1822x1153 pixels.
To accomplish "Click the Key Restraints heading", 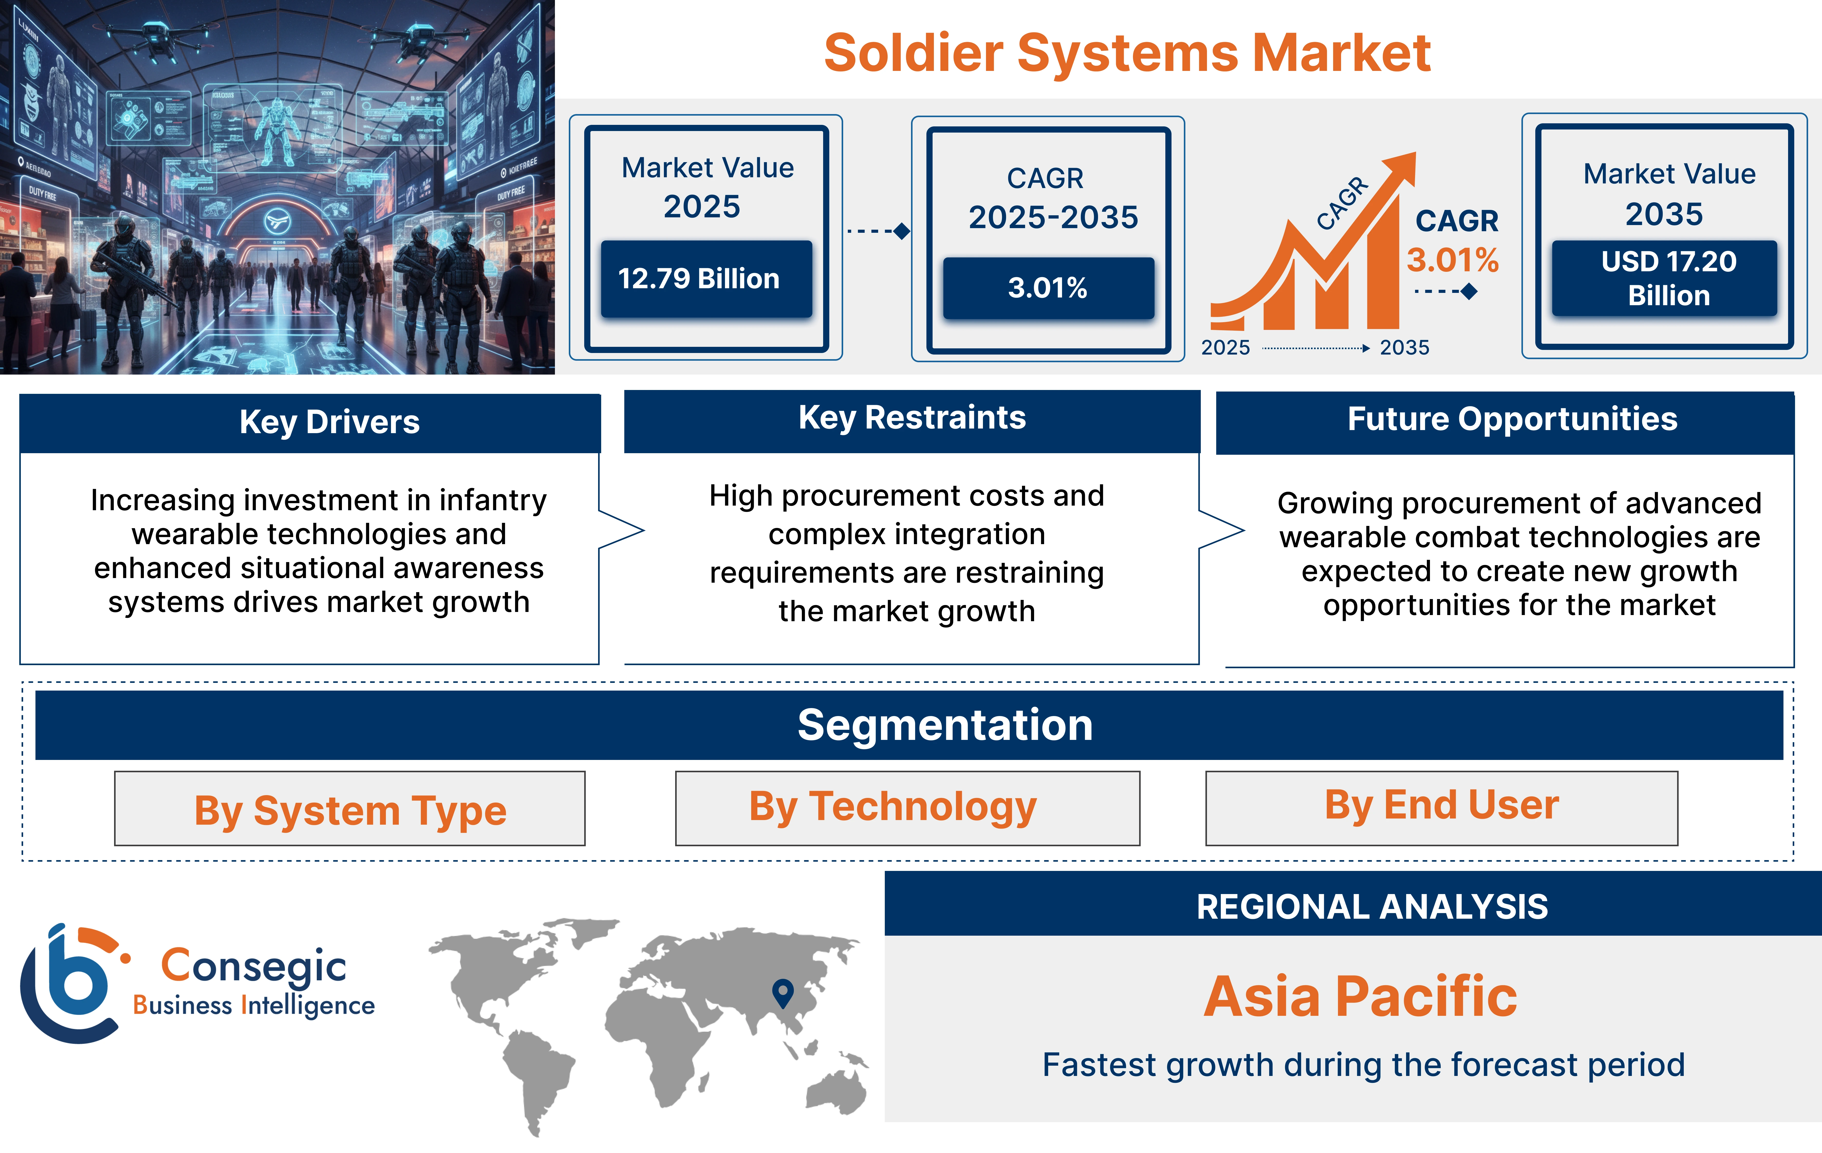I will pyautogui.click(x=912, y=418).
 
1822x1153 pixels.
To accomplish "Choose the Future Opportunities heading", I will pyautogui.click(x=1512, y=419).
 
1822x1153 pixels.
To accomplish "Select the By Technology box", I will pyautogui.click(x=907, y=807).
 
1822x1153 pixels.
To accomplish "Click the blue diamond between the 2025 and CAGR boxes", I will pyautogui.click(x=901, y=231).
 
